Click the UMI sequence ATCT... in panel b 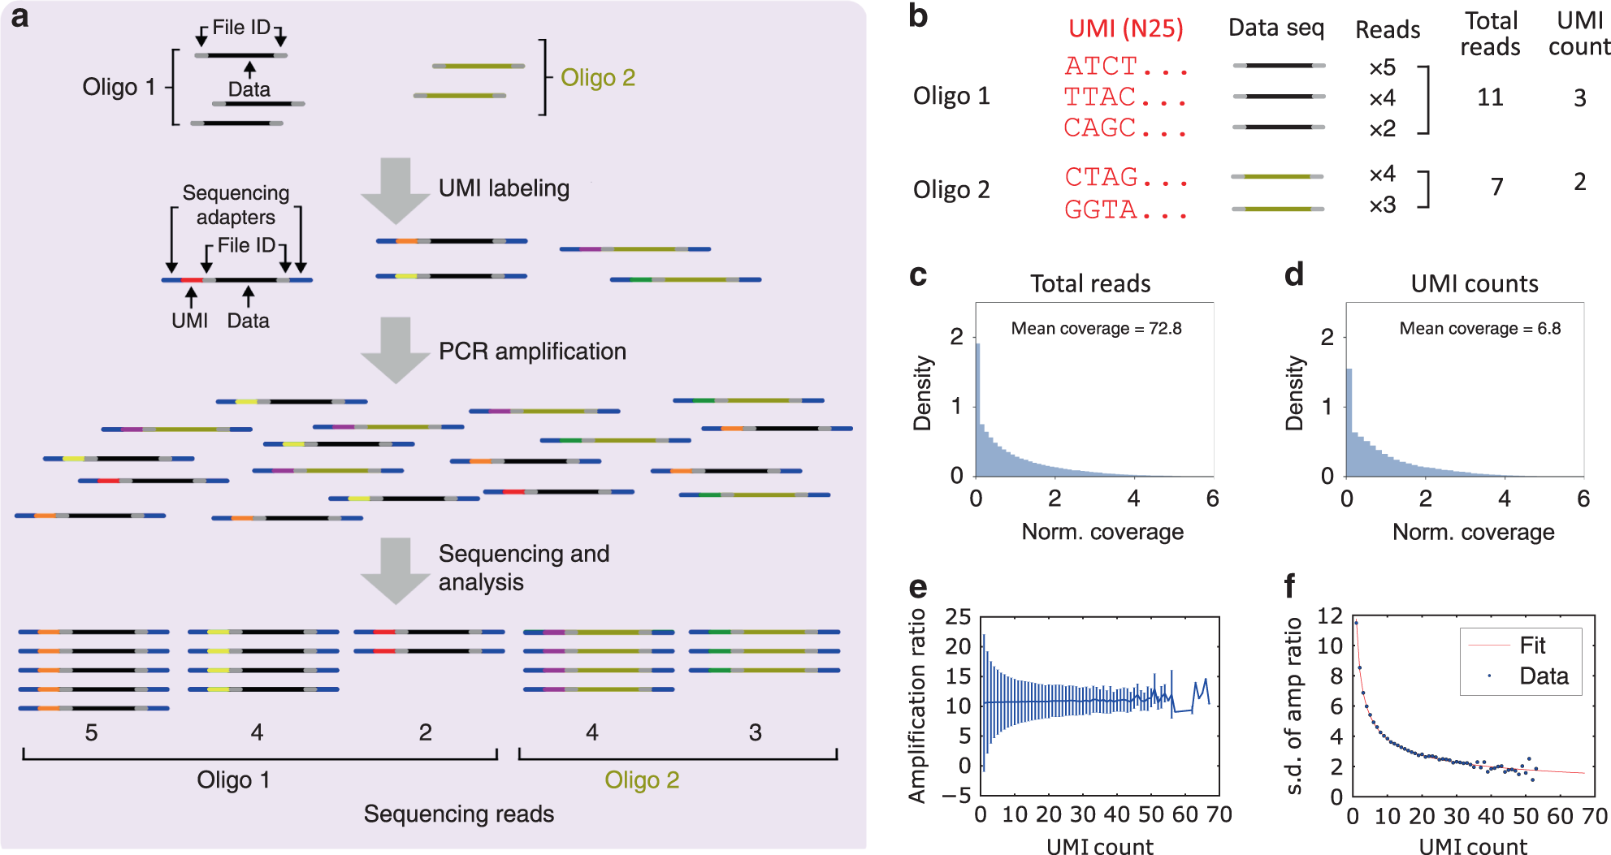[1125, 66]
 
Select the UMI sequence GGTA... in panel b [1125, 209]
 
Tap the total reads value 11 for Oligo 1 [1490, 97]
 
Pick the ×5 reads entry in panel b [1382, 67]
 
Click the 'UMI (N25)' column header [1125, 28]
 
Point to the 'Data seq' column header [1275, 28]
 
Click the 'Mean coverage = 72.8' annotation [1096, 328]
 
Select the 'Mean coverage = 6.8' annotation [1479, 328]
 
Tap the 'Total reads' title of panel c [1090, 283]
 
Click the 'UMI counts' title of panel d [1474, 283]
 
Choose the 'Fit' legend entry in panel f [1532, 646]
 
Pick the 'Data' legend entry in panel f [1544, 676]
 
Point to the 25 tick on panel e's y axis [958, 617]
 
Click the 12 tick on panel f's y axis [1330, 615]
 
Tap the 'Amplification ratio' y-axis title [917, 706]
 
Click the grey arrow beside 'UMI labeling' [395, 190]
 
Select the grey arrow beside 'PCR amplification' [395, 350]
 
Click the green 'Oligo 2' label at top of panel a [598, 78]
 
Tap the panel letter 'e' [918, 586]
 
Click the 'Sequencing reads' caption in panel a [458, 814]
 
